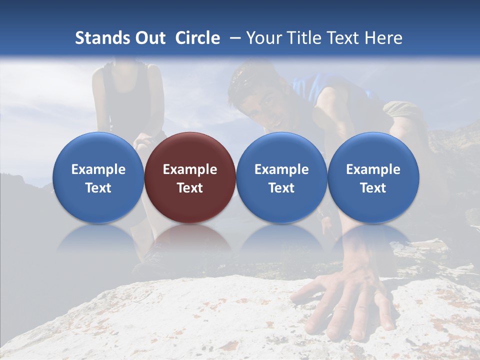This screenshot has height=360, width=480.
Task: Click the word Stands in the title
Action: [x=97, y=38]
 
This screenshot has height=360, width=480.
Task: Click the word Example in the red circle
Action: [x=190, y=169]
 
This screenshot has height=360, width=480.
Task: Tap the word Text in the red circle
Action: [x=190, y=188]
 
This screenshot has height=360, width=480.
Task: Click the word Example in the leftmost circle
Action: [x=98, y=169]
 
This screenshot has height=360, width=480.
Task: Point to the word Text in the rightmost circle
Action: [x=373, y=188]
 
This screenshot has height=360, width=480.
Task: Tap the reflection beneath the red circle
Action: [x=190, y=240]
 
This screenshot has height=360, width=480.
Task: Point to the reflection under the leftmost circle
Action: [x=98, y=240]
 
